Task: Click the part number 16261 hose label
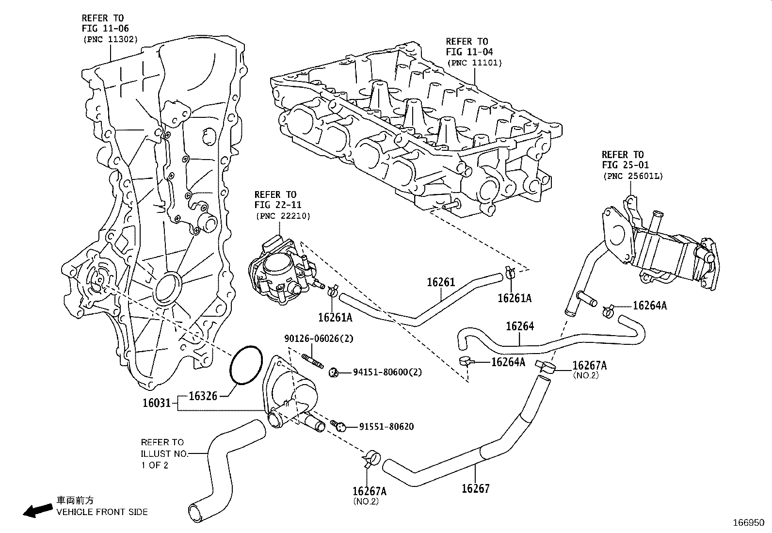click(441, 282)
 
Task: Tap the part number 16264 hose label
click(520, 326)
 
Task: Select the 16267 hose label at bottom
click(475, 488)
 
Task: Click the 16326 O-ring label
click(202, 396)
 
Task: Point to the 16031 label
click(156, 403)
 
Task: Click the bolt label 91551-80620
click(386, 427)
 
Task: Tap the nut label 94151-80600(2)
click(387, 372)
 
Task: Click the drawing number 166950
click(748, 523)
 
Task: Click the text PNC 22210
click(282, 216)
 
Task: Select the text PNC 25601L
click(632, 177)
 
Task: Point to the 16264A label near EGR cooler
click(650, 306)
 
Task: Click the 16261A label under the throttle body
click(335, 317)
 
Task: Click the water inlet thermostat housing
click(291, 393)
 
